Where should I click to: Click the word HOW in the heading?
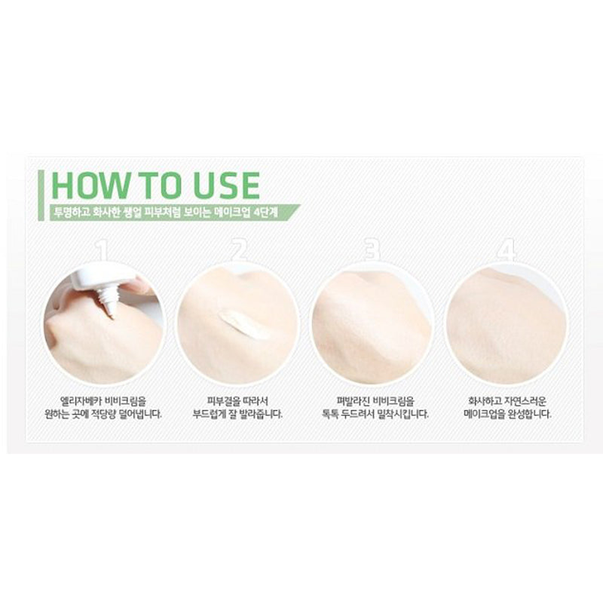(x=90, y=185)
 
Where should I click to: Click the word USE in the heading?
(x=225, y=185)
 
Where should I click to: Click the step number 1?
(x=101, y=251)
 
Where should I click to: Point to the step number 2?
(x=239, y=251)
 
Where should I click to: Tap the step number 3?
(x=372, y=251)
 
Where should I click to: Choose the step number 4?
(x=506, y=251)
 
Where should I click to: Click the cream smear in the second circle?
(x=243, y=324)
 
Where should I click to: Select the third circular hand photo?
(x=372, y=324)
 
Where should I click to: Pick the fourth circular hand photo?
(x=507, y=324)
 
